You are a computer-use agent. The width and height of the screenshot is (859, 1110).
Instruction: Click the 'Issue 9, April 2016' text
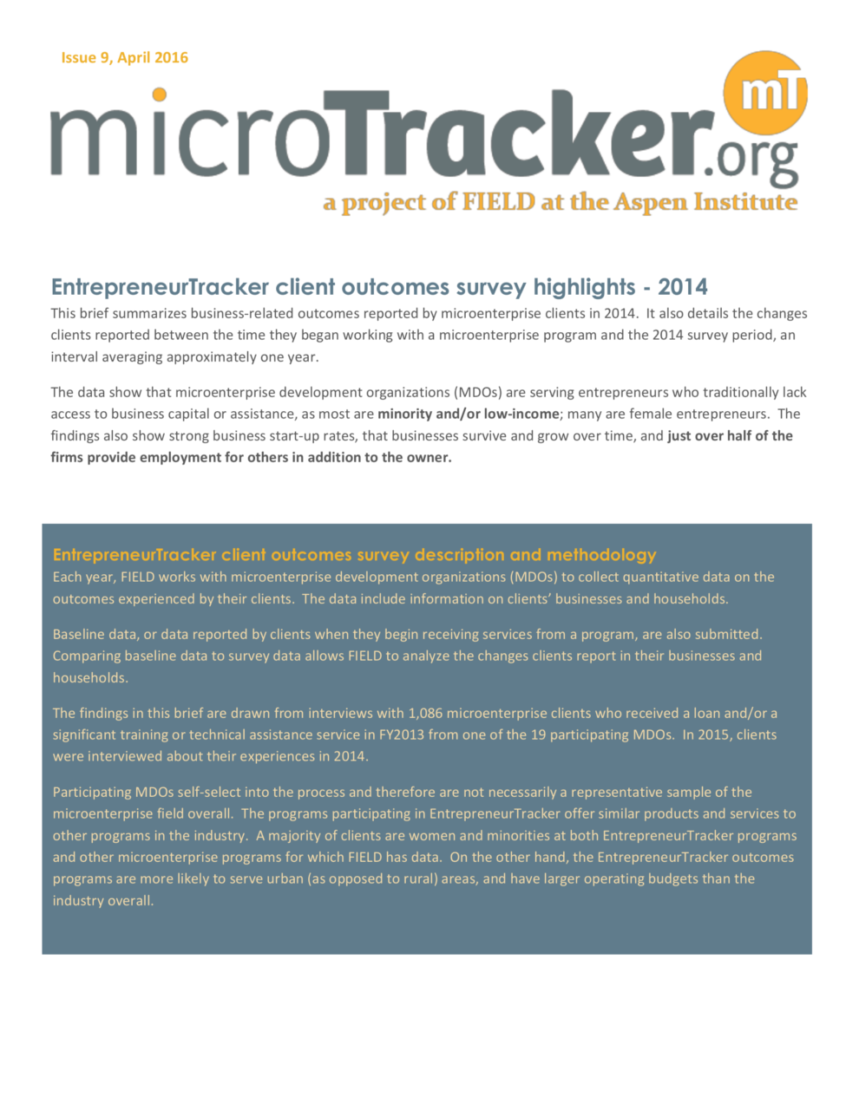tap(124, 58)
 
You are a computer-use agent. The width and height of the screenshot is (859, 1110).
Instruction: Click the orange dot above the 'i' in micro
tap(158, 95)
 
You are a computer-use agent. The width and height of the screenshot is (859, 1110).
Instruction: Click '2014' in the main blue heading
tap(683, 287)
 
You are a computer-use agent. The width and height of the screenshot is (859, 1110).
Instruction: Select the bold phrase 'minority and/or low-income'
tap(468, 415)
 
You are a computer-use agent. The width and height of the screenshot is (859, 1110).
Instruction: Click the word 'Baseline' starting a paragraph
tap(78, 635)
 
